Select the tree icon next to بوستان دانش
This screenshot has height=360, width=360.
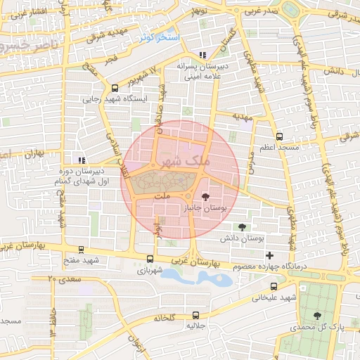click(x=243, y=227)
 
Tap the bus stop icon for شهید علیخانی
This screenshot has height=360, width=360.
click(x=274, y=286)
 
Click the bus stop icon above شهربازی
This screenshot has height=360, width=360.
click(x=150, y=258)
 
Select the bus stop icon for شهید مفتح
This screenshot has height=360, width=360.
click(x=82, y=250)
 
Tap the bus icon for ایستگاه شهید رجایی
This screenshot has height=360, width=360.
click(x=115, y=88)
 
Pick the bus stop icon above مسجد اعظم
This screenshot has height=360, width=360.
click(x=280, y=136)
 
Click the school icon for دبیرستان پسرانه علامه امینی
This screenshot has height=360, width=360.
click(x=202, y=55)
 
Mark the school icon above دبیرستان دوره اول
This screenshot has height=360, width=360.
click(x=82, y=160)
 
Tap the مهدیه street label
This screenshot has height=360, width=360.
click(x=243, y=120)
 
